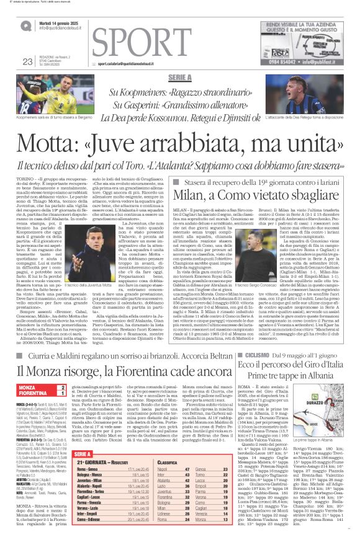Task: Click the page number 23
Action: (27, 61)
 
